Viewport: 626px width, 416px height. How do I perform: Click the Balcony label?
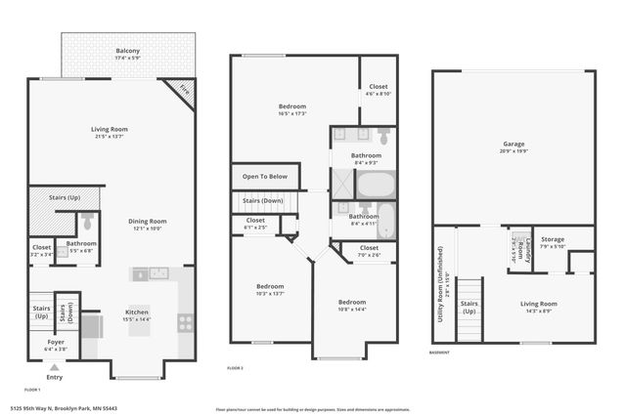point(127,54)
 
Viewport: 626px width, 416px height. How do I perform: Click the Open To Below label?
point(265,177)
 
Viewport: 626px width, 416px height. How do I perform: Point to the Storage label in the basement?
point(553,241)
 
